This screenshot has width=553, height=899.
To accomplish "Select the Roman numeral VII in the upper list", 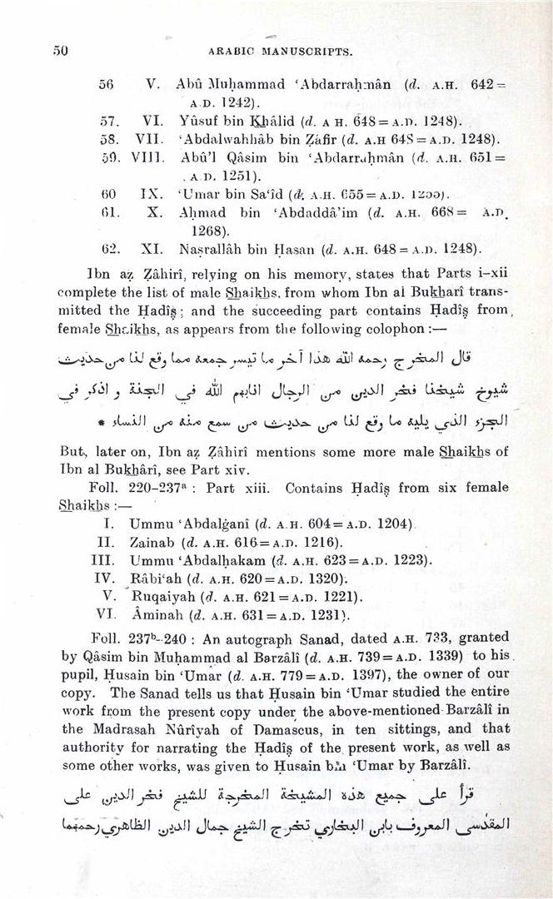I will point(149,137).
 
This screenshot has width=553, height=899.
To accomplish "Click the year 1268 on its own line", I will point(207,231).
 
